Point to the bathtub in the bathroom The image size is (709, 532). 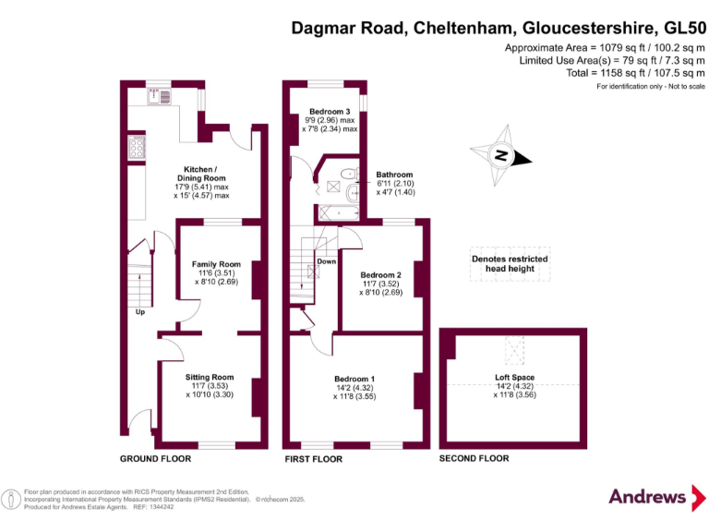pos(338,212)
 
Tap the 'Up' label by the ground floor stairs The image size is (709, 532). pos(140,312)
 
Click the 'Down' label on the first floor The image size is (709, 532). pos(326,262)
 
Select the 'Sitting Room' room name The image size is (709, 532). pos(210,377)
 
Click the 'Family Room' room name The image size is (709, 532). pos(216,264)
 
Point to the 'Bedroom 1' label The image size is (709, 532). pos(354,379)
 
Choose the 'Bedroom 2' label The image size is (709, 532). pos(380,275)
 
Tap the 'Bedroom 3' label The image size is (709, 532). pos(329,112)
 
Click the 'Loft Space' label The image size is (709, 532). pos(514,377)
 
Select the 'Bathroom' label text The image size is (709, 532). pos(394,175)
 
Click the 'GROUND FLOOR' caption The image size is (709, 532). pos(155,458)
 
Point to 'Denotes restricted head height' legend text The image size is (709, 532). pos(509,265)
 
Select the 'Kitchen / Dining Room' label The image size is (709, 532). pos(201,174)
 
